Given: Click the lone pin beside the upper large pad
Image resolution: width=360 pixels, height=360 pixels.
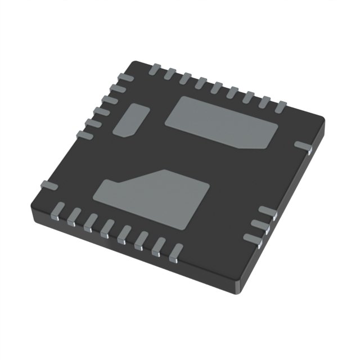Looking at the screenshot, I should tap(303, 147).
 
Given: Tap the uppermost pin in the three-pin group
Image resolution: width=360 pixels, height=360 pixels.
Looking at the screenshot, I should tap(269, 212).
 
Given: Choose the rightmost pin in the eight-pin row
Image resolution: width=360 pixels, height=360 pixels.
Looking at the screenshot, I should tap(176, 251).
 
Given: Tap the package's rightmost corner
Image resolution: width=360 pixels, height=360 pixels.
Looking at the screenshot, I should tap(324, 120).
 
